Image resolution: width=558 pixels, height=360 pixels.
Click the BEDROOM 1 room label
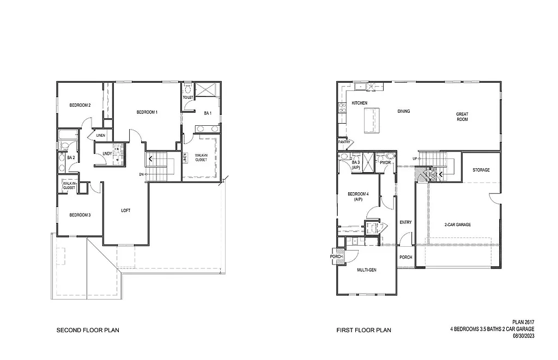[147, 112]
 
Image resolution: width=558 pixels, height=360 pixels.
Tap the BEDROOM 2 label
[80, 105]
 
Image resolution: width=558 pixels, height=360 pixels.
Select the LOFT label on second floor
[125, 210]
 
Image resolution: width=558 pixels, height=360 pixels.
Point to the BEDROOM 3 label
[80, 215]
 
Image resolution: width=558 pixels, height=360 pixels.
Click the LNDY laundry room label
[107, 154]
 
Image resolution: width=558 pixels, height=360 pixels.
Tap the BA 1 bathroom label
[208, 113]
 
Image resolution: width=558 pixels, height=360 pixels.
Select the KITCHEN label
[360, 103]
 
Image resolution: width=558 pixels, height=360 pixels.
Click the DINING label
[404, 112]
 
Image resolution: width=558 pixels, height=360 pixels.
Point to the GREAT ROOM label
[462, 117]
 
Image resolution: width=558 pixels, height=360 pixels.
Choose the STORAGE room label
[481, 170]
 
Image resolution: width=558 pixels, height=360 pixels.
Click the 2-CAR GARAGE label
[457, 224]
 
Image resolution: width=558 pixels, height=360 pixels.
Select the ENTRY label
[405, 222]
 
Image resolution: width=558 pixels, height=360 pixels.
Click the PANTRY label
[344, 142]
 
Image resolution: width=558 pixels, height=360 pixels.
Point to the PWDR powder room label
[386, 162]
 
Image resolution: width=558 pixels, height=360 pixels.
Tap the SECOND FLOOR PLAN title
[88, 330]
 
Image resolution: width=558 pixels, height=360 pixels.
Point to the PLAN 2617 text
[523, 322]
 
